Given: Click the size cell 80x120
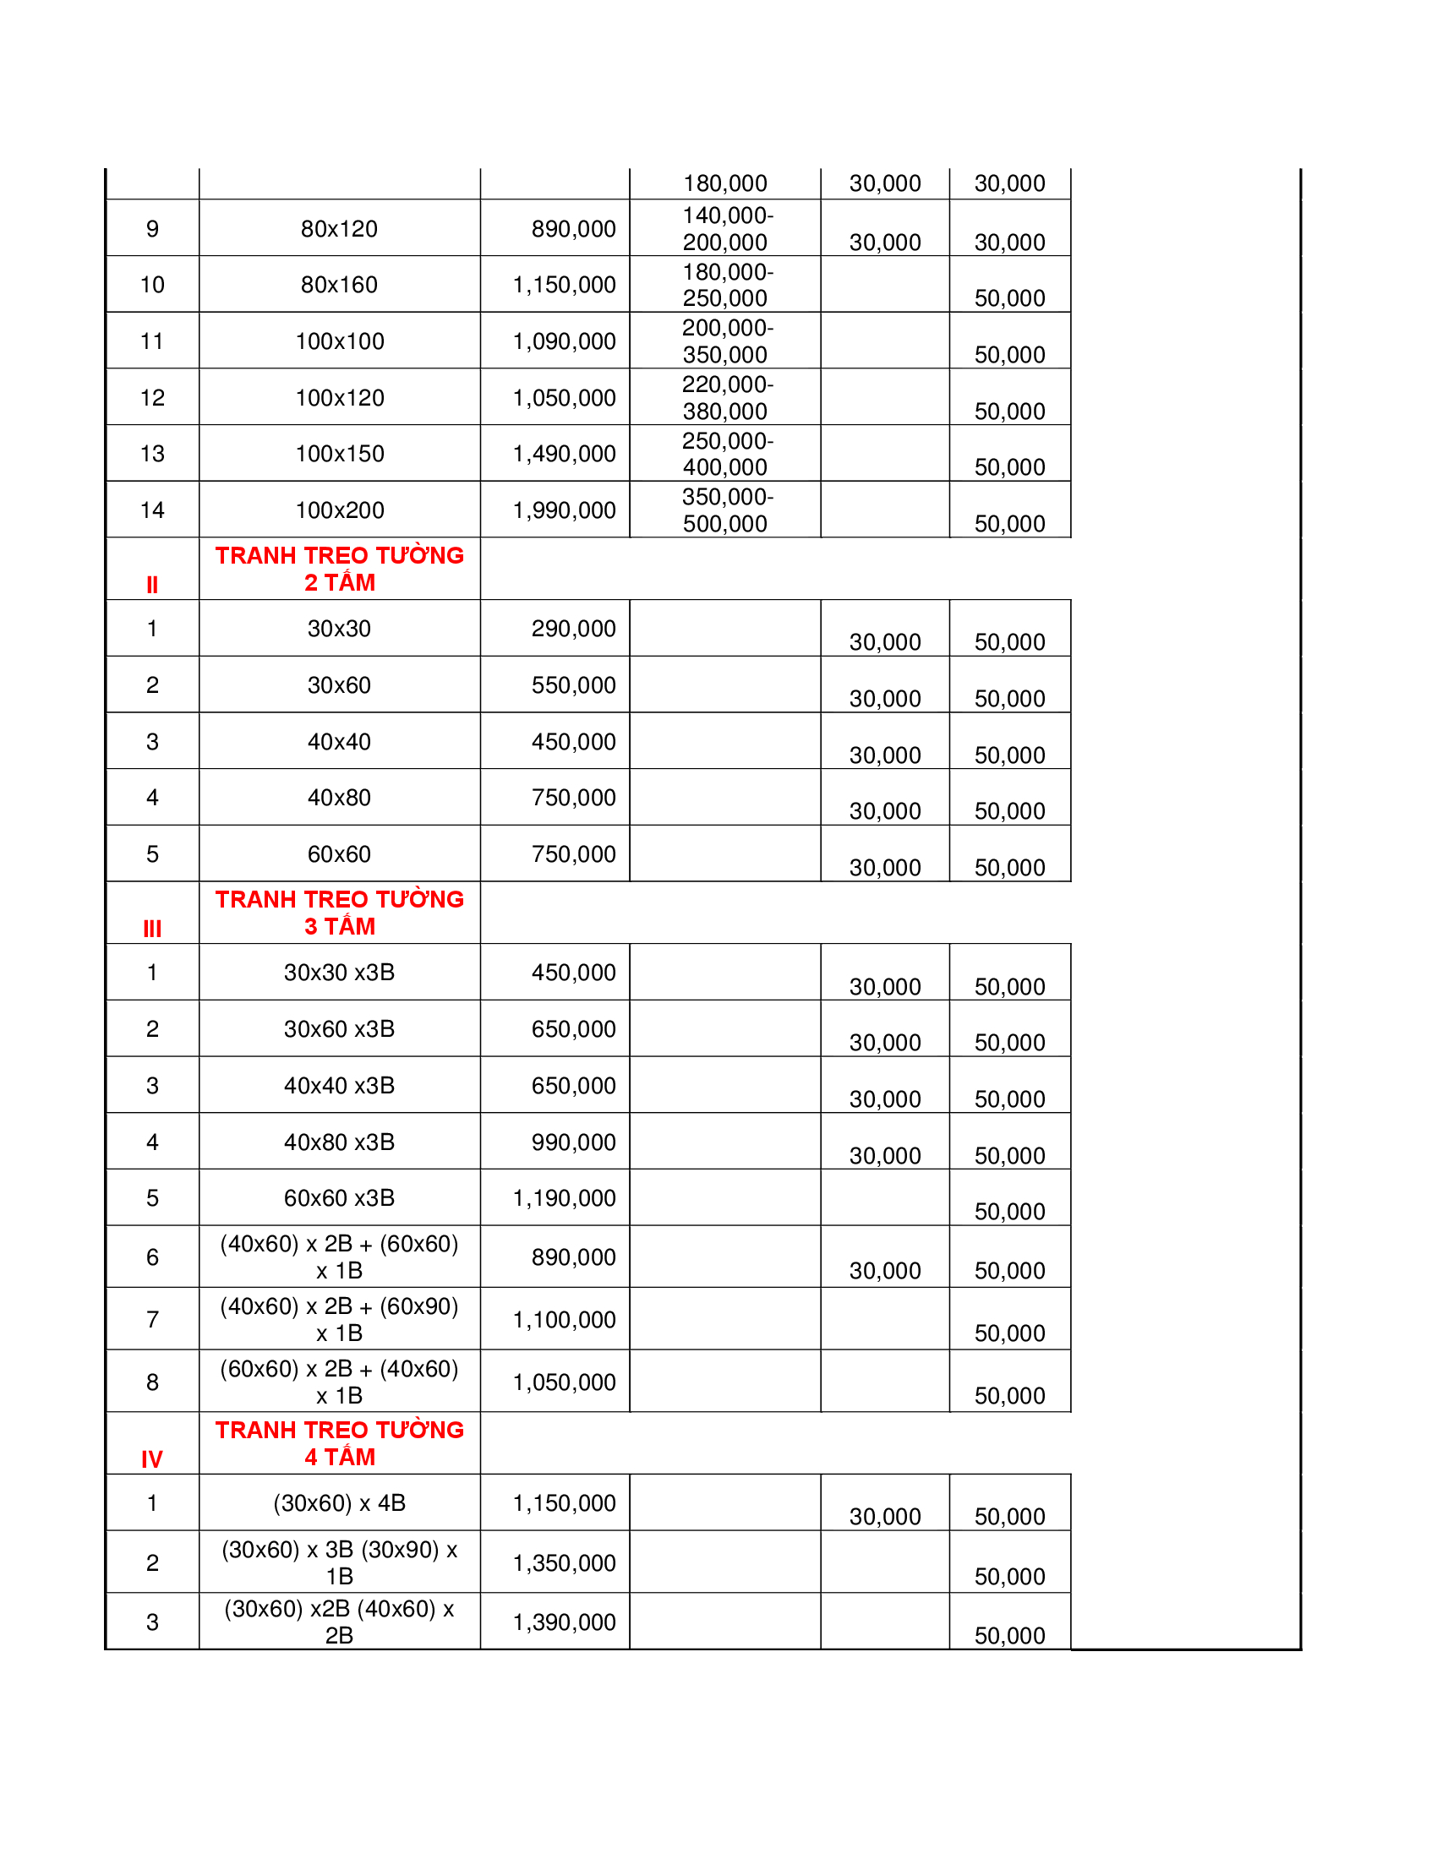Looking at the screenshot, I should click(339, 229).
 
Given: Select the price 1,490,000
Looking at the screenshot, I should click(564, 454).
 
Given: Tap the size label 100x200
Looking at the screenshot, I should click(339, 510).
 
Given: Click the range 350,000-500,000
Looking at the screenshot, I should click(726, 510).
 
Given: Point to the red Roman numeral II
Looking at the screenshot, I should click(152, 585).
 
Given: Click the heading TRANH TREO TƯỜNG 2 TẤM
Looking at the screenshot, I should click(339, 569).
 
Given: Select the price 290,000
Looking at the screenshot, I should click(573, 629).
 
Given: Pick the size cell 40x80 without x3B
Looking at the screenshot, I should click(339, 798).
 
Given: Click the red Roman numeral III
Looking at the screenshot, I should click(152, 929).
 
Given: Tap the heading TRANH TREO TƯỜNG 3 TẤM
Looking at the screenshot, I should click(339, 913).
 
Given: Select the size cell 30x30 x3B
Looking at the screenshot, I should click(339, 972).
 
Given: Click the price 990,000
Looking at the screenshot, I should click(573, 1142).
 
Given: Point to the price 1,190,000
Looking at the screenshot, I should click(564, 1198).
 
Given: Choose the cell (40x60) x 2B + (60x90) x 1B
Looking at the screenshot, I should click(339, 1319).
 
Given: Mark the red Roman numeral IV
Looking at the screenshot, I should click(152, 1460).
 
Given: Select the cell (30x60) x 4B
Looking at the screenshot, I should click(339, 1503).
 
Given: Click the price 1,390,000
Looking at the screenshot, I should click(564, 1622).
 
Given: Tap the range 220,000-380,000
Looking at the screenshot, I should click(726, 397).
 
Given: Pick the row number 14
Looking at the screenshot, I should click(152, 510).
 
